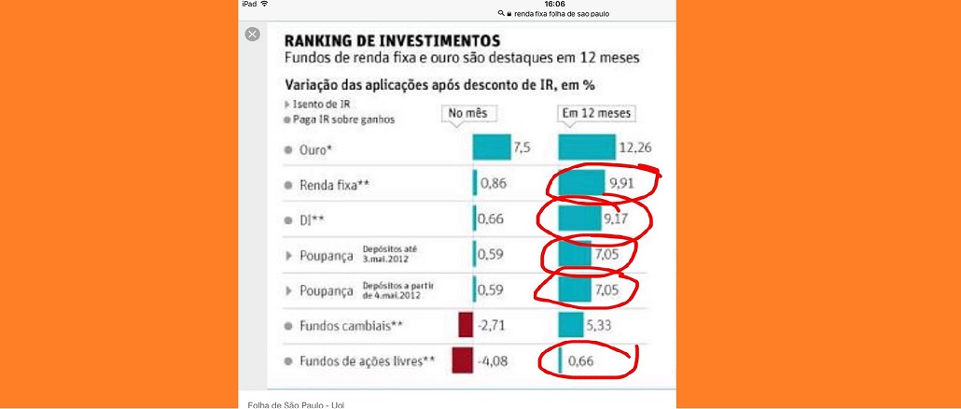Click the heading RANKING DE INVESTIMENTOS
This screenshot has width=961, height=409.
pyautogui.click(x=391, y=41)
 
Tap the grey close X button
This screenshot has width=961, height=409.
pyautogui.click(x=252, y=34)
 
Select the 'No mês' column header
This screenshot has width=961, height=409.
pyautogui.click(x=469, y=114)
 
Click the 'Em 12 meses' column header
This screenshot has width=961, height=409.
pyautogui.click(x=596, y=114)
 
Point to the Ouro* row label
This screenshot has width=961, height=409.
pyautogui.click(x=318, y=149)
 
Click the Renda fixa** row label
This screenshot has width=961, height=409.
pyautogui.click(x=331, y=184)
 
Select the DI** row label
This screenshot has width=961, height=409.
pyautogui.click(x=313, y=220)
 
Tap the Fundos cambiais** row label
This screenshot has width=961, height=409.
pyautogui.click(x=345, y=326)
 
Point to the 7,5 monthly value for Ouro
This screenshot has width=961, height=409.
pyautogui.click(x=522, y=148)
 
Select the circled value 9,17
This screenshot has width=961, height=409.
pyautogui.click(x=617, y=220)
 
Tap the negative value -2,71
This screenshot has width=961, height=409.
pyautogui.click(x=494, y=326)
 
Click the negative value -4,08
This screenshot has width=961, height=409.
pyautogui.click(x=494, y=360)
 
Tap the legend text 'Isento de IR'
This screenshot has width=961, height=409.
pyautogui.click(x=322, y=105)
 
